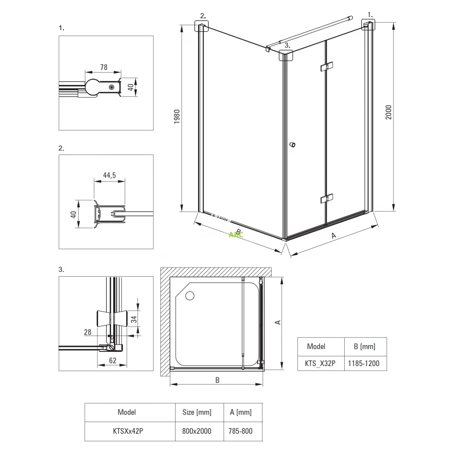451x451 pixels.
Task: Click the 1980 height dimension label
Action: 177,116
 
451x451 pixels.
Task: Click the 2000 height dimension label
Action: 389,112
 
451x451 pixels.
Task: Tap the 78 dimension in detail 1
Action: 104,67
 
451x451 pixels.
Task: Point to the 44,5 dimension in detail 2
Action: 109,175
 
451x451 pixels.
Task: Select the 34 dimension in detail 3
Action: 134,319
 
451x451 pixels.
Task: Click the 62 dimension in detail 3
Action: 113,360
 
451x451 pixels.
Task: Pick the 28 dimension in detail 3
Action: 88,332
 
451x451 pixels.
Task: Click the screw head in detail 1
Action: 112,87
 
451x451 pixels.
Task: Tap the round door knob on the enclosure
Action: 292,145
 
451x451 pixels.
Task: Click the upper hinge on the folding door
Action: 327,67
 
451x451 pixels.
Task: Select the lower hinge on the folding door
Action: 327,198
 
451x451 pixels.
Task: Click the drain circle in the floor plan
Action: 190,296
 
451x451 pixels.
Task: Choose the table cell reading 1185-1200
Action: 363,363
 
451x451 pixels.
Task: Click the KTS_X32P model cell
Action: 320,363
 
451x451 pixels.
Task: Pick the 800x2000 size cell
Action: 197,431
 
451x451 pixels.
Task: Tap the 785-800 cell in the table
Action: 241,431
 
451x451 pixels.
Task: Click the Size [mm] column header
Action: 197,412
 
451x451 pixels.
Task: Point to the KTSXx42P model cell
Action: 128,431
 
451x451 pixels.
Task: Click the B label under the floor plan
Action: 218,380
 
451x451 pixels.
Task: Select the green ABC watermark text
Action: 236,234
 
